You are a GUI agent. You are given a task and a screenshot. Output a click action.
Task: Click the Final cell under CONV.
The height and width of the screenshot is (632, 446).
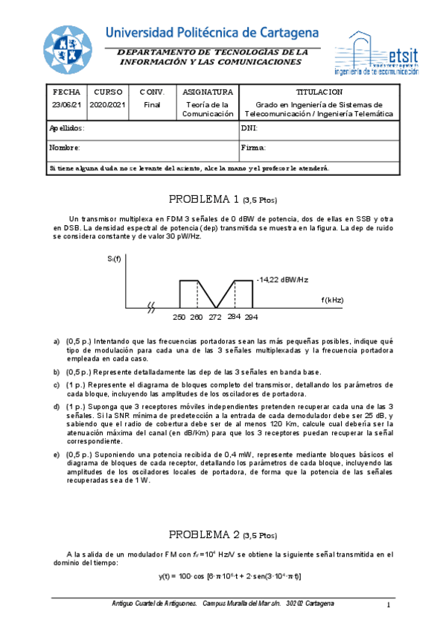click(x=152, y=105)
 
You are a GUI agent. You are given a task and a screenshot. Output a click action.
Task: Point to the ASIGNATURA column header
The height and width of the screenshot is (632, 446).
click(x=208, y=92)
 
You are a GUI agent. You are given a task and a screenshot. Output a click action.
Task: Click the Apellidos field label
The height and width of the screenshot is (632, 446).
click(x=67, y=128)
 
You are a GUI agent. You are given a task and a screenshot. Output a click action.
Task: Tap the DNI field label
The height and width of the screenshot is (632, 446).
click(x=249, y=128)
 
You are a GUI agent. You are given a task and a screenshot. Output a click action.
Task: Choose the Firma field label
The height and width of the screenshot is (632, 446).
click(x=254, y=148)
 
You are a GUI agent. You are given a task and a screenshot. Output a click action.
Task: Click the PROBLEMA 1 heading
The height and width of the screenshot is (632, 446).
click(x=223, y=199)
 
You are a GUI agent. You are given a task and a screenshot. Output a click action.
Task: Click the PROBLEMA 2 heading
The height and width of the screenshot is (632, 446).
click(x=223, y=535)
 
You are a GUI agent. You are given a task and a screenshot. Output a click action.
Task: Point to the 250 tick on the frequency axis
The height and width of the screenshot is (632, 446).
click(x=179, y=317)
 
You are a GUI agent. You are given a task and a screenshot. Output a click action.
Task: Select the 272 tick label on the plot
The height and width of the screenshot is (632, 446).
click(x=214, y=317)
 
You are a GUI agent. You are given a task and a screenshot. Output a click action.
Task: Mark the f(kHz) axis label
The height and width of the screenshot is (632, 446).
click(x=332, y=300)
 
